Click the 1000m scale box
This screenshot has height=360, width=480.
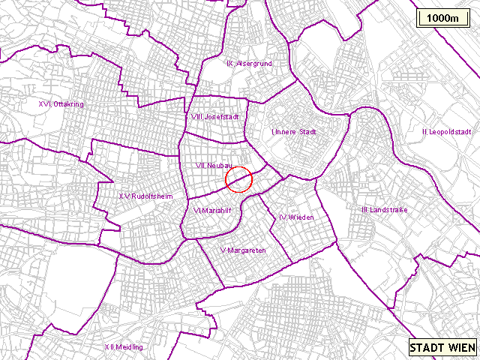click(x=442, y=18)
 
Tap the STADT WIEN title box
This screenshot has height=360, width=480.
click(x=442, y=348)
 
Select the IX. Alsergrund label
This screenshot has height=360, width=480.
click(x=248, y=64)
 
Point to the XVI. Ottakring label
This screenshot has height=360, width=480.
click(x=61, y=103)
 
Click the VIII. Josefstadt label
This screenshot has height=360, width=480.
click(x=214, y=117)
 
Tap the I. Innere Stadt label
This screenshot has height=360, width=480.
click(x=294, y=132)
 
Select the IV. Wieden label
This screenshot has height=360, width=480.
click(x=295, y=217)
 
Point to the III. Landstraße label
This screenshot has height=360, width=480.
click(x=384, y=210)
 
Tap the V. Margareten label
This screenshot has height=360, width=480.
click(x=243, y=250)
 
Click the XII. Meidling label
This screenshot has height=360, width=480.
click(x=124, y=346)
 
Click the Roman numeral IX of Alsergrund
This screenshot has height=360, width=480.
click(x=229, y=64)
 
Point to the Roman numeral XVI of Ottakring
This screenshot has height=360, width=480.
click(x=43, y=103)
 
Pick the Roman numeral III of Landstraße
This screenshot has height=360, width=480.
click(x=364, y=210)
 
